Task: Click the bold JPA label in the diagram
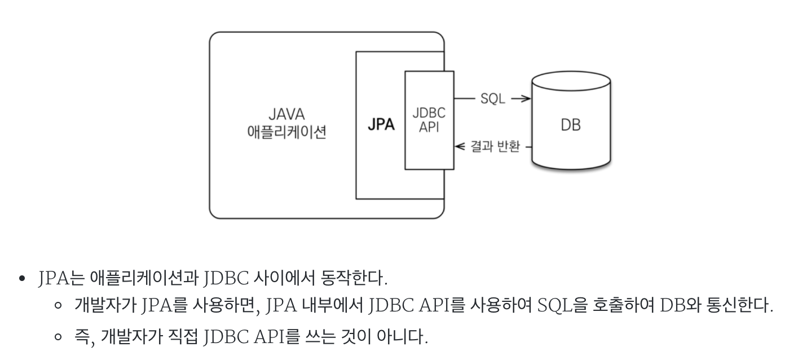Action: click(x=381, y=125)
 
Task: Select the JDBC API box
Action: click(x=429, y=120)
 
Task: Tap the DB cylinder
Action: click(x=571, y=125)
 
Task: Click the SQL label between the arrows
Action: click(x=493, y=99)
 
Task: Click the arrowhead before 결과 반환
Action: click(x=460, y=147)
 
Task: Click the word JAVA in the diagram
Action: click(x=286, y=115)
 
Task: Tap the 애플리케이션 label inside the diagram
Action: click(x=286, y=133)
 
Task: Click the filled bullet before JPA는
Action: click(x=23, y=279)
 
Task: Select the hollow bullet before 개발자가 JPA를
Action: click(x=58, y=308)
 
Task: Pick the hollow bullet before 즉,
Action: click(x=58, y=338)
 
